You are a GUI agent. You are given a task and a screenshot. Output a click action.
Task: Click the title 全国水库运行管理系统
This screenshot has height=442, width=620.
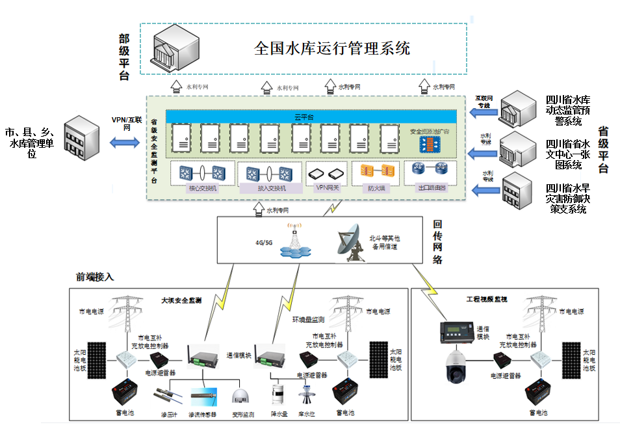[x=332, y=49]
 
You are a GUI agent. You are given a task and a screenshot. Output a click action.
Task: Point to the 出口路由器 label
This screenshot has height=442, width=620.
[x=431, y=188]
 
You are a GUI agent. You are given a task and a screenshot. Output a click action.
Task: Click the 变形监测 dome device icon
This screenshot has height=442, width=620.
[x=242, y=398]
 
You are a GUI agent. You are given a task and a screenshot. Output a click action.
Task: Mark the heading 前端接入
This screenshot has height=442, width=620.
[x=94, y=277]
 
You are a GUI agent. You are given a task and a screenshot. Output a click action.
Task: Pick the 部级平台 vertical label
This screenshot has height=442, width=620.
[x=123, y=57]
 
